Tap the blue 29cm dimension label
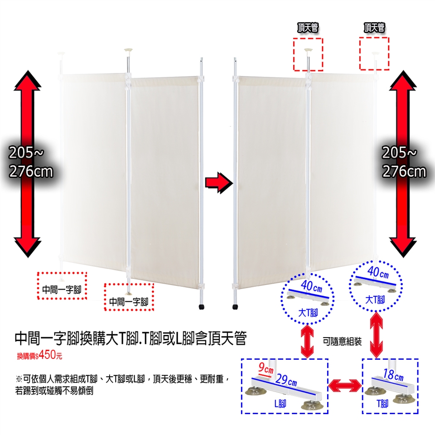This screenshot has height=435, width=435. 287,381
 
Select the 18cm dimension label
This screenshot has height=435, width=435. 392,375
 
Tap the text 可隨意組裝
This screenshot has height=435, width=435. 343,341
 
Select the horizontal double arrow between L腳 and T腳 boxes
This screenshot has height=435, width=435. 346,386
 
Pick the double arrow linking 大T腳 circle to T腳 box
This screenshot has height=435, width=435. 376,335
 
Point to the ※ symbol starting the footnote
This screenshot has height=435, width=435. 19,378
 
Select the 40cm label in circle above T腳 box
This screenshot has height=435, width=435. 377,273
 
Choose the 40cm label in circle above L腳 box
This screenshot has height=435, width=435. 311,287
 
